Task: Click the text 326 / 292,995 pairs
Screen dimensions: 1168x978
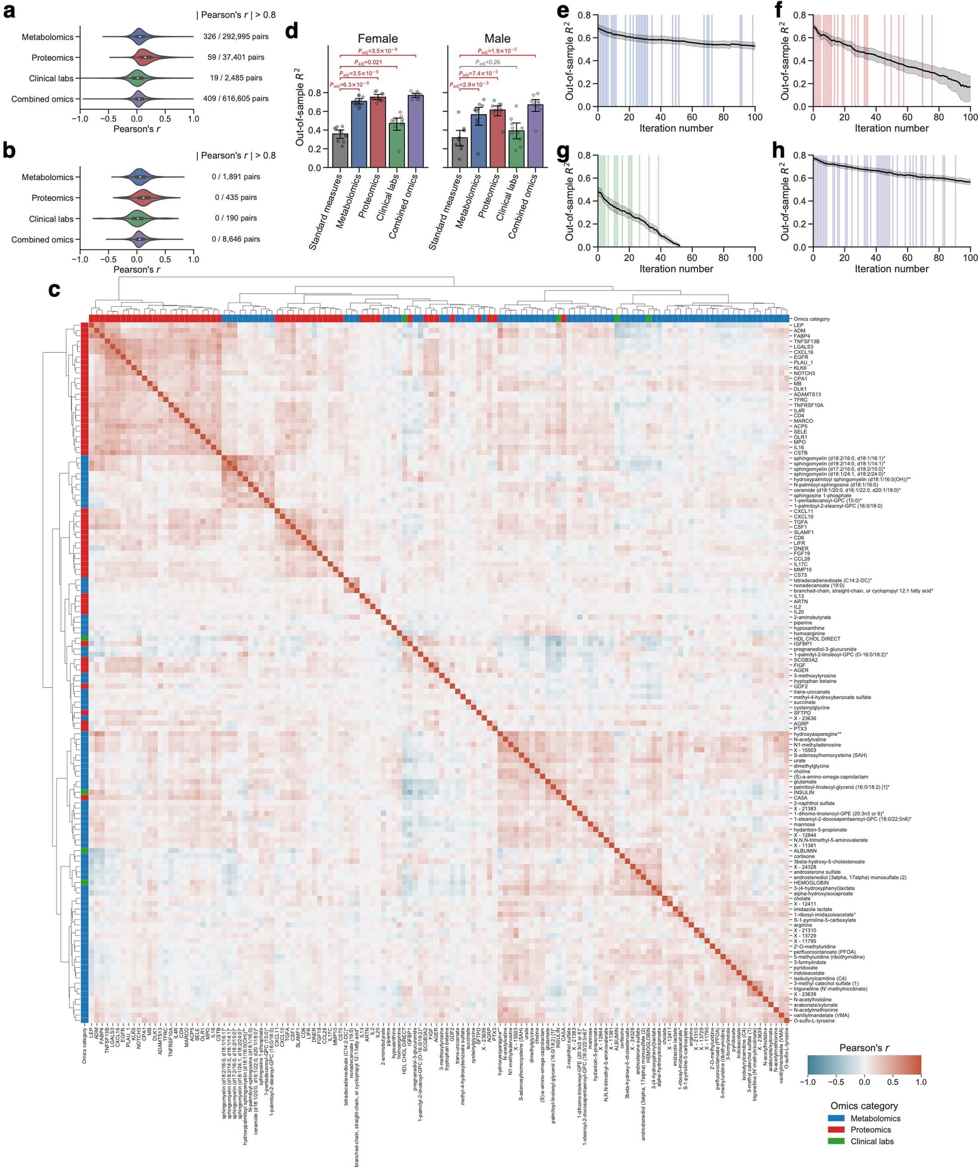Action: pyautogui.click(x=236, y=37)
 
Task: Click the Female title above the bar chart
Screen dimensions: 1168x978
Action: pyautogui.click(x=378, y=38)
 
